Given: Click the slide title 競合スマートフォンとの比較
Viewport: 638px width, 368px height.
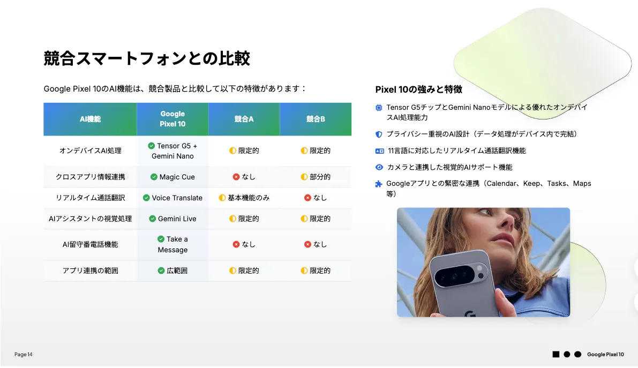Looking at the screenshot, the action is pos(147,58).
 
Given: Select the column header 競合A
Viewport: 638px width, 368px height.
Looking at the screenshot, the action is pos(244,119).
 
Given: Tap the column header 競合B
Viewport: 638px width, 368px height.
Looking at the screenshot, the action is pos(316,119).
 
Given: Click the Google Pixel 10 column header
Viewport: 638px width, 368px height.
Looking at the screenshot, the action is pos(172,119).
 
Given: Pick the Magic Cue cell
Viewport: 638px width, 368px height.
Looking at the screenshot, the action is pos(172,177).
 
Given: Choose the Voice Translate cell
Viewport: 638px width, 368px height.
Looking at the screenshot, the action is pos(172,198).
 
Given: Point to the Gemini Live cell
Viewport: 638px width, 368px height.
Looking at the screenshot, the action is pos(172,219).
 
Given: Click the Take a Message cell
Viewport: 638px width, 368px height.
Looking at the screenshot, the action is pos(172,244).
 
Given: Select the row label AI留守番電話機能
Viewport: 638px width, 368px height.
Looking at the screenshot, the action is pos(91,244).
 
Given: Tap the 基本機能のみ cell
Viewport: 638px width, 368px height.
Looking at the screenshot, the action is pos(244,198).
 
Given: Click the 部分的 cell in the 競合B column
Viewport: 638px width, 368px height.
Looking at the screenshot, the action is pos(316,177).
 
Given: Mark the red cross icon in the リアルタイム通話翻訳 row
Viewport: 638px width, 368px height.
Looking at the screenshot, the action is pos(307,198).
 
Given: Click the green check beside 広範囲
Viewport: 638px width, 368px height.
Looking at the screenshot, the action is pos(161,271).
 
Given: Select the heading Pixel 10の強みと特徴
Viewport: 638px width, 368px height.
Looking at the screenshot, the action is pos(419,89).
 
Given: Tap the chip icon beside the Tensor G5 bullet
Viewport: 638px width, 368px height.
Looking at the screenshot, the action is pos(379,108).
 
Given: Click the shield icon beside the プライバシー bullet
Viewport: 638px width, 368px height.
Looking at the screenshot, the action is pos(379,134).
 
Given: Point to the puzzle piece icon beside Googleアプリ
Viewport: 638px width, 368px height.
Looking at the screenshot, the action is pos(379,184).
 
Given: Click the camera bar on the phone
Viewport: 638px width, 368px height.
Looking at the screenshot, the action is pos(458,275).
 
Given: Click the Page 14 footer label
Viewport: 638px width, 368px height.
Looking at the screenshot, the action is pos(23,355).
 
